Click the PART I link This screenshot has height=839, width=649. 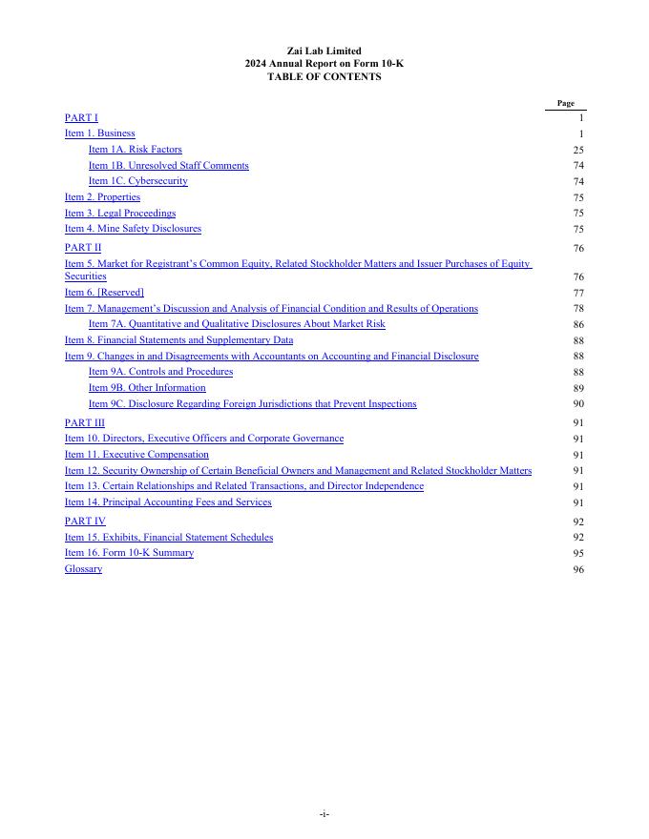(81, 117)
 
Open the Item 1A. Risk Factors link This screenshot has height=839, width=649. (135, 150)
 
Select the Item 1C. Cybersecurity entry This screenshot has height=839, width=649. (137, 181)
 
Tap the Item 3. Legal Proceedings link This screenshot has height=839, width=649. (120, 214)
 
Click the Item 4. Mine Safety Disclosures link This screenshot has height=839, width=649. (133, 229)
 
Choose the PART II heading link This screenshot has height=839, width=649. (83, 248)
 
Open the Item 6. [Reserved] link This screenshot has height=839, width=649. (104, 293)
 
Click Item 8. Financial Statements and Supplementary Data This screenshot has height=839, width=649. (178, 340)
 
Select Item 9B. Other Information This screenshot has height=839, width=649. (147, 388)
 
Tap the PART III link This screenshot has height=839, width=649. (85, 422)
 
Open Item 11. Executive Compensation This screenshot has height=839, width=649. (136, 455)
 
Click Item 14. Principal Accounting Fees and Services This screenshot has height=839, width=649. (168, 502)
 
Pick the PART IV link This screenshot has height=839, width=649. (85, 522)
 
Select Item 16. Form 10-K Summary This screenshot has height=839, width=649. (129, 553)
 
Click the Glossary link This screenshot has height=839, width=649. (83, 569)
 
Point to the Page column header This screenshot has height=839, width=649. (565, 103)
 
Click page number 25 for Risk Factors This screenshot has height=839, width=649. (578, 151)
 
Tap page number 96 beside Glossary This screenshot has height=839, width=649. (578, 570)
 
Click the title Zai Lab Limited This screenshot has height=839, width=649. (324, 51)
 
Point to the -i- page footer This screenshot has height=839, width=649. (324, 813)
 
